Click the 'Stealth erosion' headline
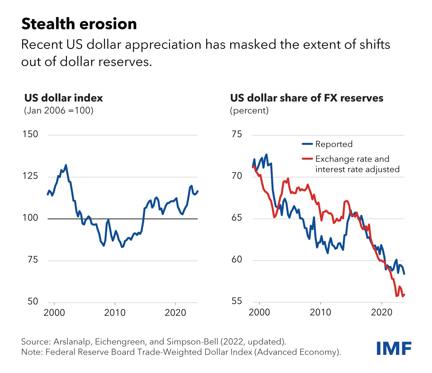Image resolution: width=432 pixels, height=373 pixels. pyautogui.click(x=79, y=24)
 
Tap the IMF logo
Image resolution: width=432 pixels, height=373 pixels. pyautogui.click(x=394, y=349)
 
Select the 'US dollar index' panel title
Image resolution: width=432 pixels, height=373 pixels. pyautogui.click(x=63, y=98)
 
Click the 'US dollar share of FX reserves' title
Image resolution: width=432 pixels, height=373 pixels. pyautogui.click(x=307, y=98)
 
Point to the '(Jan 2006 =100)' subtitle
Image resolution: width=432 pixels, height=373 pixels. pyautogui.click(x=59, y=110)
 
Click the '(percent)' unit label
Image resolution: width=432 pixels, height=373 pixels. pyautogui.click(x=249, y=110)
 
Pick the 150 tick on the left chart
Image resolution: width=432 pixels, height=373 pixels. pyautogui.click(x=30, y=134)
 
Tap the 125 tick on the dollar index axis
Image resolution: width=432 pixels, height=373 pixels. pyautogui.click(x=30, y=176)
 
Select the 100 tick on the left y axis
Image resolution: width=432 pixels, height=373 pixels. pyautogui.click(x=30, y=218)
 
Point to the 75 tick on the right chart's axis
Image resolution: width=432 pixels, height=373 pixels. pyautogui.click(x=237, y=134)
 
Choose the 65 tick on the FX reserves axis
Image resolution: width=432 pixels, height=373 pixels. pyautogui.click(x=237, y=218)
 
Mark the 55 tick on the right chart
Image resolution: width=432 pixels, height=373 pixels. pyautogui.click(x=237, y=301)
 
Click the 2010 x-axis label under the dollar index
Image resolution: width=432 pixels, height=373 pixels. pyautogui.click(x=115, y=313)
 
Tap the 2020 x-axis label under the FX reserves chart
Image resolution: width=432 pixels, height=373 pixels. pyautogui.click(x=382, y=312)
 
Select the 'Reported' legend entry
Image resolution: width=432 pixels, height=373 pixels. pyautogui.click(x=334, y=144)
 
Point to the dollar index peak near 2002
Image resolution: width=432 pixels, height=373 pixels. pyautogui.click(x=66, y=165)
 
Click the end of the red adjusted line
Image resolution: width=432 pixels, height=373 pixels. pyautogui.click(x=404, y=295)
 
